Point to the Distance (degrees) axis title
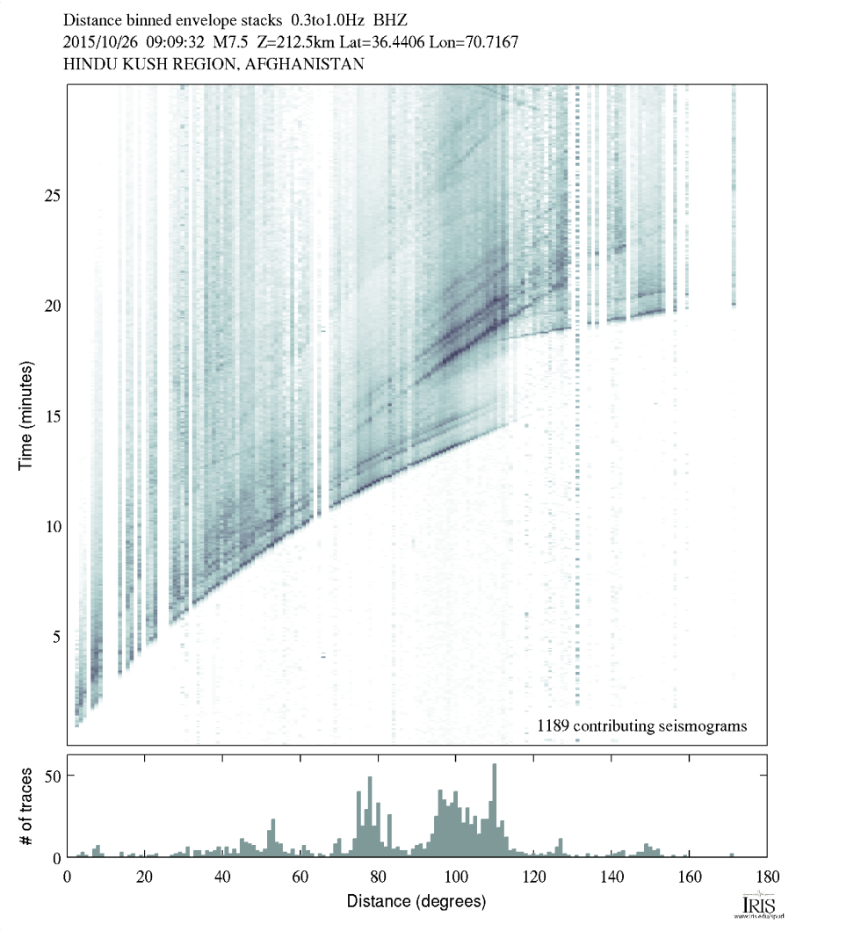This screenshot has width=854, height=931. click(416, 901)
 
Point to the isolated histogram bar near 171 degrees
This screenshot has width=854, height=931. click(732, 855)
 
